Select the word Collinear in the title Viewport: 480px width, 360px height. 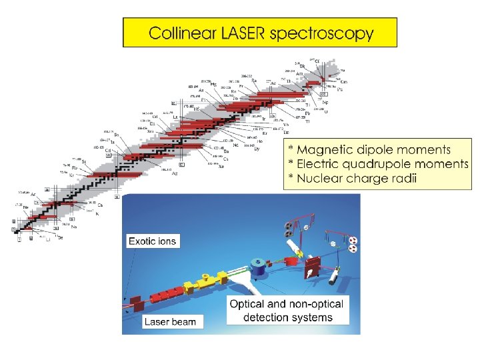coord(181,33)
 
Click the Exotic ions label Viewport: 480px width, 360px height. coord(153,241)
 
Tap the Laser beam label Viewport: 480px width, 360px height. coord(171,322)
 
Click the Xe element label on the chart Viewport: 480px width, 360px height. coord(221,165)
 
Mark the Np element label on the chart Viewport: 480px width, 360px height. coord(325,103)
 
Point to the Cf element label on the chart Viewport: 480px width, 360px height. coord(317,61)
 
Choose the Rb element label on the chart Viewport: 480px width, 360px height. coord(75,167)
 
